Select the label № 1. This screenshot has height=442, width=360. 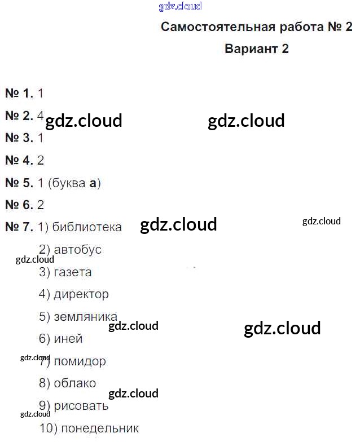19,94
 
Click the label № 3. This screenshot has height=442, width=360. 19,138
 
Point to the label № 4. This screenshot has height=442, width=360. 19,160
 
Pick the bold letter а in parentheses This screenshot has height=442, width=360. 94,183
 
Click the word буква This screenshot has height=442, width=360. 68,183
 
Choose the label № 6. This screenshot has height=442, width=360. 19,205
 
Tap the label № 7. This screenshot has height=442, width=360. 19,227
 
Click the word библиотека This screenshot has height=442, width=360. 87,227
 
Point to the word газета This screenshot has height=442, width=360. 72,272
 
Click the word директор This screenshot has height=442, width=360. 81,294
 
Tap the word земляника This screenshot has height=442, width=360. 85,316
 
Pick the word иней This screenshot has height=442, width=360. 68,339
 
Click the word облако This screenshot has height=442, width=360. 74,383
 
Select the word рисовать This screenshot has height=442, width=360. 81,406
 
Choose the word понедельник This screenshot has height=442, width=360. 99,428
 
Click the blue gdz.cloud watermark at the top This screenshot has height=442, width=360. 181,7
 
